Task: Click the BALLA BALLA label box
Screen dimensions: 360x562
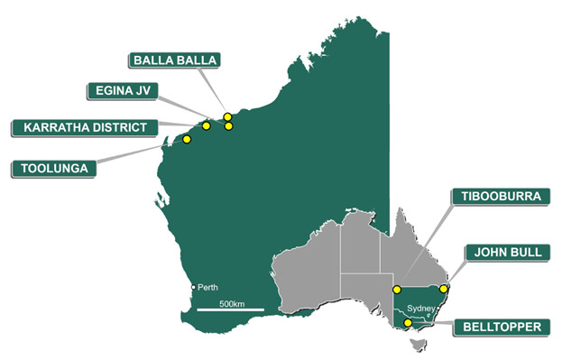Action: pos(175,60)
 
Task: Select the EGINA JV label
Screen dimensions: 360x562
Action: pos(122,90)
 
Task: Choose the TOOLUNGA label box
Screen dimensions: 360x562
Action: pos(52,167)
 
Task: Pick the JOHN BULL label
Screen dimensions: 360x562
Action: pos(504,252)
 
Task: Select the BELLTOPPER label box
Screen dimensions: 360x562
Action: pos(502,326)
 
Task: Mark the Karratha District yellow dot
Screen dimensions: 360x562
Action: pos(207,126)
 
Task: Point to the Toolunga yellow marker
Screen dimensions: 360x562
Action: pos(187,139)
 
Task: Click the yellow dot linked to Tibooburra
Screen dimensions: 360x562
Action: pos(397,289)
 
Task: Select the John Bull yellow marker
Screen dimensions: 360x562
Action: pos(443,289)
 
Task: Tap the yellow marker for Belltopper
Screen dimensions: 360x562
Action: pos(408,323)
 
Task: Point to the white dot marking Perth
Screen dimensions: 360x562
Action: pos(193,287)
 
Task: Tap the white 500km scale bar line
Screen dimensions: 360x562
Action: pos(230,311)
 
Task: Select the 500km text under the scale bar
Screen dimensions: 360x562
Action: pos(232,303)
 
